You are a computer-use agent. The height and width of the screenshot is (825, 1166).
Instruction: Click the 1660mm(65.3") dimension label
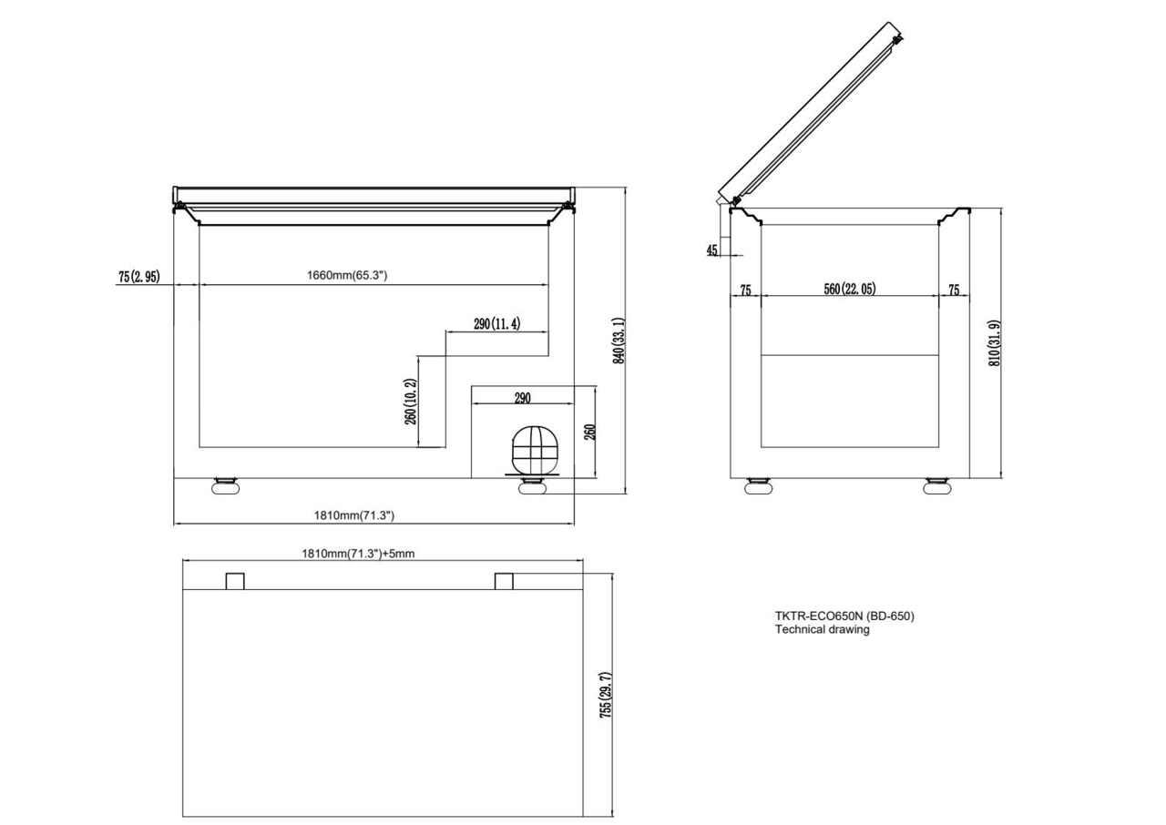347,275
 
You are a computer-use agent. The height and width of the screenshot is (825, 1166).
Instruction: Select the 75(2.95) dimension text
139,277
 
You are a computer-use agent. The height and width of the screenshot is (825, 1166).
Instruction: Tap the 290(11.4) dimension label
497,324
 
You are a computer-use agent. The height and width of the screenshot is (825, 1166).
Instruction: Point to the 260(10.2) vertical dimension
410,402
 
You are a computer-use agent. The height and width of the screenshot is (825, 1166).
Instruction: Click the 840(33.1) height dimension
619,341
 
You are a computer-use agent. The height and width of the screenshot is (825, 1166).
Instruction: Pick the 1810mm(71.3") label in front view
354,515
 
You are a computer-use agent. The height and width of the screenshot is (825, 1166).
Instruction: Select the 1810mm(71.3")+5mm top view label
359,554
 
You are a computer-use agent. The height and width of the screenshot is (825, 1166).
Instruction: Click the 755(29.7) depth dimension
606,696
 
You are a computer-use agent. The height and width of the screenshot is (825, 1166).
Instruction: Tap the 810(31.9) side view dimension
994,343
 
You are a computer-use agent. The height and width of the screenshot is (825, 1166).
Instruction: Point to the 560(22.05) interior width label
850,290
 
